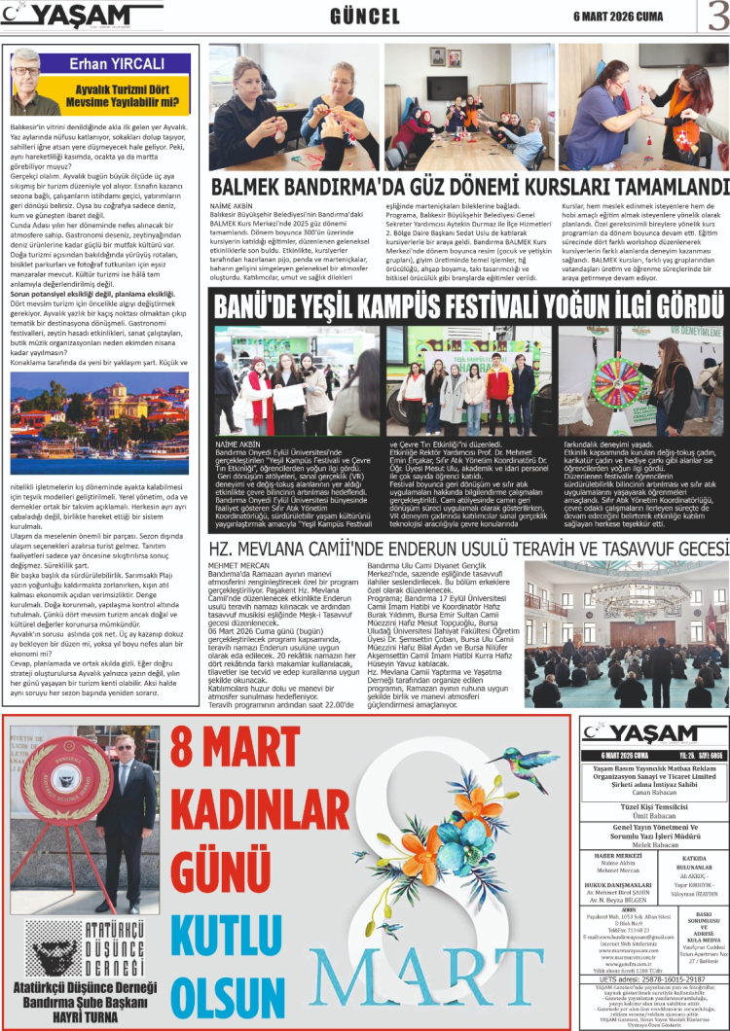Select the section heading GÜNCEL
click(x=365, y=18)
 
